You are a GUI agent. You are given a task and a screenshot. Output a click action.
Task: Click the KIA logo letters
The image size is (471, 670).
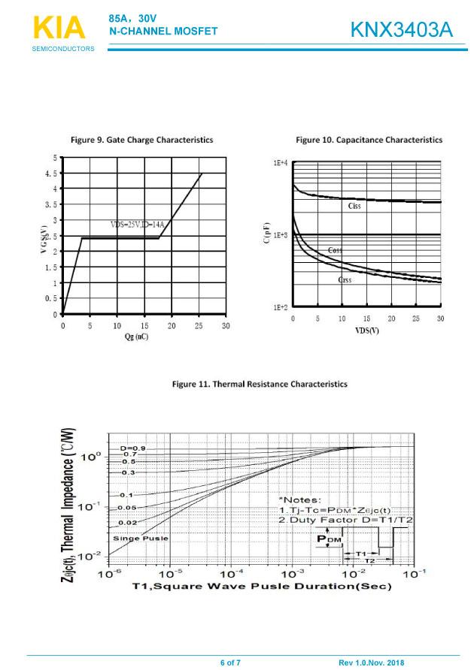[59, 28]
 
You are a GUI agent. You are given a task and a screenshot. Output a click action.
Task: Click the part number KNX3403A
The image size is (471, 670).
[401, 31]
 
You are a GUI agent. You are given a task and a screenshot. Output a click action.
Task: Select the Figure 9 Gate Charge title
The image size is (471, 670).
[141, 140]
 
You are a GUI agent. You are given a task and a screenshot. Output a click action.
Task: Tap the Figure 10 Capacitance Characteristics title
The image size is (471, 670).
[369, 140]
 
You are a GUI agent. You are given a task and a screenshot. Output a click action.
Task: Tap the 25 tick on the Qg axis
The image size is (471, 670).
[199, 326]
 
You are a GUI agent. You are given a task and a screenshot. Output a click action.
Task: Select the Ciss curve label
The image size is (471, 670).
[354, 206]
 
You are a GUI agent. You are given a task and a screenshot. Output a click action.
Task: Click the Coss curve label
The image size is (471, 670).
[335, 250]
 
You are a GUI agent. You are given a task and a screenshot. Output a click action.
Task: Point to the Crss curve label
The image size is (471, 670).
[345, 279]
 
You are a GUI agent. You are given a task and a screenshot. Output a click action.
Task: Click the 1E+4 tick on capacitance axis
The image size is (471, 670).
[280, 163]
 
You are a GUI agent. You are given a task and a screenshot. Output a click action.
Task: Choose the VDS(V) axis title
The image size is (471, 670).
[366, 330]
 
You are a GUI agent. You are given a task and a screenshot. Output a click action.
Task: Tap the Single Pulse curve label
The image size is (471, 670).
[140, 538]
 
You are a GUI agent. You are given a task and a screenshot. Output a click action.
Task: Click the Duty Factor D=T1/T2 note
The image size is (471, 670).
[345, 521]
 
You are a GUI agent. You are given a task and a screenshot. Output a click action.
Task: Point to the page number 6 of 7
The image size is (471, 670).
[230, 662]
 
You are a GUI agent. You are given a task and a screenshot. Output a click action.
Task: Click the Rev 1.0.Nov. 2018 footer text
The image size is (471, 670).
[372, 662]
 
